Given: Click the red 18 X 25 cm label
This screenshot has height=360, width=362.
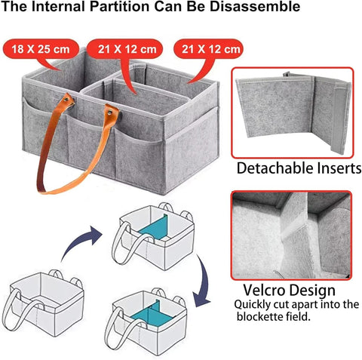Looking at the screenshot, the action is [x=40, y=49].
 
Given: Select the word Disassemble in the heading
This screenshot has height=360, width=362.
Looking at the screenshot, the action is [x=255, y=7].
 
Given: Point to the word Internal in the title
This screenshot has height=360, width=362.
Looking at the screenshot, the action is [x=58, y=7].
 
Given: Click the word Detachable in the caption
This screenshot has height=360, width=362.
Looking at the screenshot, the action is [x=275, y=168].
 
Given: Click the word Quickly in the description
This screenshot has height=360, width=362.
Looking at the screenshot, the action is [x=252, y=305].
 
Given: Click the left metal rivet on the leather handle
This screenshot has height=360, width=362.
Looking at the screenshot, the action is [x=66, y=100].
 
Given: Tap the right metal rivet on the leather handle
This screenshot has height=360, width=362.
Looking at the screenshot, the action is [x=110, y=112].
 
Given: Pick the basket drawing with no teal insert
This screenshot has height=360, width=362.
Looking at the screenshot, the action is [x=43, y=303].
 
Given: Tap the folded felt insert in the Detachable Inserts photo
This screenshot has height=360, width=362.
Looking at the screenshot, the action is [x=293, y=112].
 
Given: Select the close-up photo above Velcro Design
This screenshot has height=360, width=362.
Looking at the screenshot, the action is [x=291, y=235].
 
